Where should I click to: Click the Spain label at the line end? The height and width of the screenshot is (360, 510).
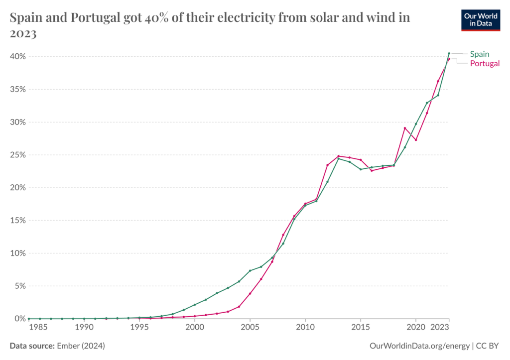480,54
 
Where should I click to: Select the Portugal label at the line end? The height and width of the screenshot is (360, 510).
485,63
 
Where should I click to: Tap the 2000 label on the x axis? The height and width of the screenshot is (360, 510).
194,328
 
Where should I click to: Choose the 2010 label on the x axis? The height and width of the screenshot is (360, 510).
305,328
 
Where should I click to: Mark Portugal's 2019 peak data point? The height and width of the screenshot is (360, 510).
405,128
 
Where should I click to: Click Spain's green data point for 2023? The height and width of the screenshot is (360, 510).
449,53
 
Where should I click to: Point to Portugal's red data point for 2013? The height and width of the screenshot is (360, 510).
338,156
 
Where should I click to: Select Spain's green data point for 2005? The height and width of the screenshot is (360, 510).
250,270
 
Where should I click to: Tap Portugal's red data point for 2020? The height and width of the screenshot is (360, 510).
416,140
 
